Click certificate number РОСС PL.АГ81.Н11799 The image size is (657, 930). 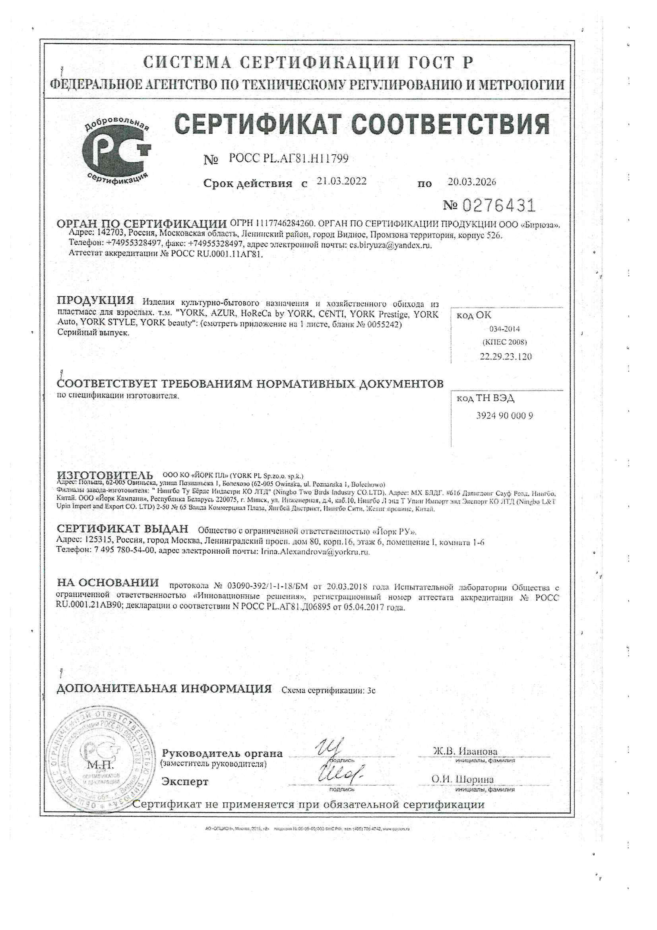tap(288, 159)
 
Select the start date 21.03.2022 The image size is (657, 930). tap(341, 181)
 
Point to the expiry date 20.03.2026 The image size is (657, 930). tap(472, 182)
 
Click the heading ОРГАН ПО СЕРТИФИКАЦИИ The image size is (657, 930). tap(141, 224)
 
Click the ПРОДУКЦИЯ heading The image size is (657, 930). tap(95, 301)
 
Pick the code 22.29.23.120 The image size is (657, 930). tap(506, 356)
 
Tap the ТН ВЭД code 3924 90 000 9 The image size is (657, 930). tap(504, 416)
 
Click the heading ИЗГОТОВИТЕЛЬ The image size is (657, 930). tap(105, 475)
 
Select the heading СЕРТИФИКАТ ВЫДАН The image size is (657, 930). tap(122, 529)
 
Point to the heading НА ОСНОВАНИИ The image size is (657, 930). tap(108, 583)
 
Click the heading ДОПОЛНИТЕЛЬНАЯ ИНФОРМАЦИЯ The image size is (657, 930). tap(164, 689)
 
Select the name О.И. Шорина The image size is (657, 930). tap(462, 779)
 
